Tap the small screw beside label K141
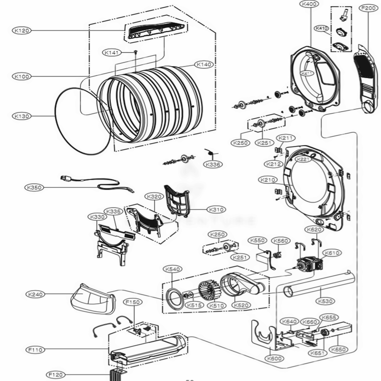point(135,52)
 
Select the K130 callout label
point(22,116)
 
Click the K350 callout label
point(34,187)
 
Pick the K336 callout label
point(213,165)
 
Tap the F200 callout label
point(368,8)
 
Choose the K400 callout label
point(309,4)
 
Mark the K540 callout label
point(172,269)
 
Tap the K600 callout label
point(274,359)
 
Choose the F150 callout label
point(133,302)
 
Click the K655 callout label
point(329,317)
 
